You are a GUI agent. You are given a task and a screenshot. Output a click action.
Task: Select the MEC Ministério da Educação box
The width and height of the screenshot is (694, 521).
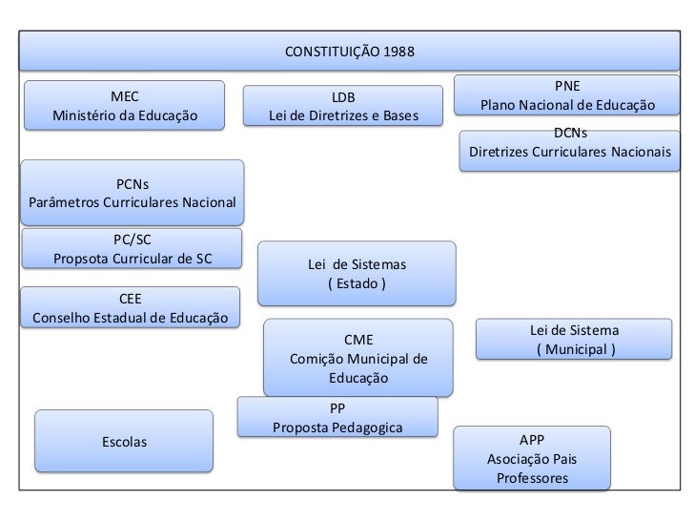(x=124, y=106)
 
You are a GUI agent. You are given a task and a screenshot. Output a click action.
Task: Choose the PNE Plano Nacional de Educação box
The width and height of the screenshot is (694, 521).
(x=567, y=94)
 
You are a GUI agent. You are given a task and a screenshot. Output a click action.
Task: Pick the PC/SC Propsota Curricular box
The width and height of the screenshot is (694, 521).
(x=133, y=249)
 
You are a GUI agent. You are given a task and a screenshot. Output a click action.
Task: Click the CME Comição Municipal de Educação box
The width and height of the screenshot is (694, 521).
(x=357, y=358)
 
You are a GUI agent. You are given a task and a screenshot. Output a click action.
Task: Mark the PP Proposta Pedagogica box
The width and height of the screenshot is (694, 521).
(x=338, y=417)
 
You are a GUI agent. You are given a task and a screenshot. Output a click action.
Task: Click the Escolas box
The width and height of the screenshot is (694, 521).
(x=124, y=441)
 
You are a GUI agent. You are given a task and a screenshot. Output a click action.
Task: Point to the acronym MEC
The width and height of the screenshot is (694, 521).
(x=124, y=96)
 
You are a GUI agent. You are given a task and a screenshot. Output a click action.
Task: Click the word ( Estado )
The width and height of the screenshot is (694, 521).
(x=357, y=283)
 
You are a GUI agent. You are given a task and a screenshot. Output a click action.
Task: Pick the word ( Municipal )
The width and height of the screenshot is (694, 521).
(x=575, y=349)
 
